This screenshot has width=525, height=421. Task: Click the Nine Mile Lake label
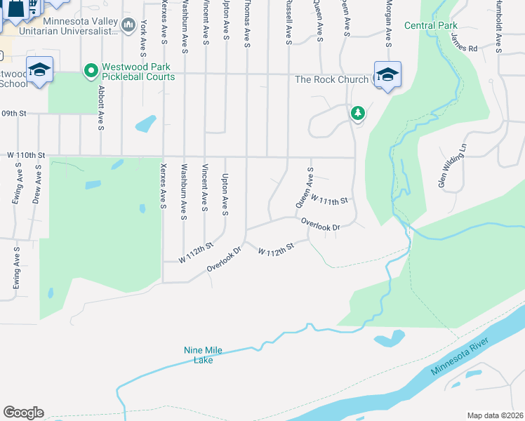(x=202, y=355)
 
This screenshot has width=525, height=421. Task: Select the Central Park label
(x=430, y=25)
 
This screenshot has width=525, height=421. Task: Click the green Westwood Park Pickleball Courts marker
(x=91, y=71)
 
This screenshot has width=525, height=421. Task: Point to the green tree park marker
(x=358, y=112)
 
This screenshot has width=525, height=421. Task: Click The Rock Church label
(x=331, y=79)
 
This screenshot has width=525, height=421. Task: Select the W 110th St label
(x=26, y=154)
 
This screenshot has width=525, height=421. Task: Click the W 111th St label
(x=330, y=201)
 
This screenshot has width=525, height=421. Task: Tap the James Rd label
(x=464, y=47)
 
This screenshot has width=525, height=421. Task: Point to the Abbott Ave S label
(x=101, y=108)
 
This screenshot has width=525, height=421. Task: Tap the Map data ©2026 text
(x=495, y=415)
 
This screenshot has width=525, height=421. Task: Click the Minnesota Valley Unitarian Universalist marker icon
(x=128, y=26)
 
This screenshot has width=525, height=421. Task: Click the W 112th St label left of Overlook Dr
(x=196, y=252)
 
